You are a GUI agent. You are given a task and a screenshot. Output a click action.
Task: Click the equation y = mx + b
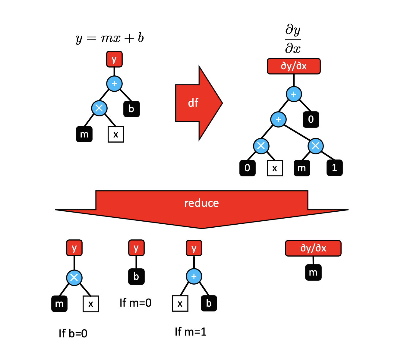point(109,38)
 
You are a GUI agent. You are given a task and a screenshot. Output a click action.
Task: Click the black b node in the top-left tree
point(131,109)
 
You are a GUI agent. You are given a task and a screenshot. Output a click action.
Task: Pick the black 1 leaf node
point(334,168)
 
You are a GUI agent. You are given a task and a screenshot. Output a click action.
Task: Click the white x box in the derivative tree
point(275,168)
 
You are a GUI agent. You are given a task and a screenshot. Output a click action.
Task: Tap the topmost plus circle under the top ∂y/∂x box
point(294,94)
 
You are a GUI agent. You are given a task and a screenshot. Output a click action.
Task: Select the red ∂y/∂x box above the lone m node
point(313,248)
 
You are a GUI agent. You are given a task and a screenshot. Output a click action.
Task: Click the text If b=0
point(73,333)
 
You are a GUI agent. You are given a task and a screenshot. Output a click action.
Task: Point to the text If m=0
point(135,303)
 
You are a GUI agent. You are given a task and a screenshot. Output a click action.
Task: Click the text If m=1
point(191,332)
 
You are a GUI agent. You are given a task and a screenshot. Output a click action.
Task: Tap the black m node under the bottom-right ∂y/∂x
point(313,273)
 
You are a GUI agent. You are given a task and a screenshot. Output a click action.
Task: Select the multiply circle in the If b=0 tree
point(74,278)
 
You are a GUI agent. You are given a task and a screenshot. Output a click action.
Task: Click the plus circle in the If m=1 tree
point(194,276)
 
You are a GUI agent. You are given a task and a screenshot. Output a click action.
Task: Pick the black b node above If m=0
point(136,276)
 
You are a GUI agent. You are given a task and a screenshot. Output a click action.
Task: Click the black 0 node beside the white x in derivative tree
point(247,168)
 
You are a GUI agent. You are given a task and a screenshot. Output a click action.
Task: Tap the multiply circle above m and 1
point(315,146)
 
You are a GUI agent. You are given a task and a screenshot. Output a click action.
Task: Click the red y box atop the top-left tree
point(114,59)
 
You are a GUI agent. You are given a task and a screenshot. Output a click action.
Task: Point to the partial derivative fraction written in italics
point(293,39)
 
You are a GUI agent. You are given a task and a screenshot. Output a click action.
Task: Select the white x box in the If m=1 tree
point(180,303)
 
